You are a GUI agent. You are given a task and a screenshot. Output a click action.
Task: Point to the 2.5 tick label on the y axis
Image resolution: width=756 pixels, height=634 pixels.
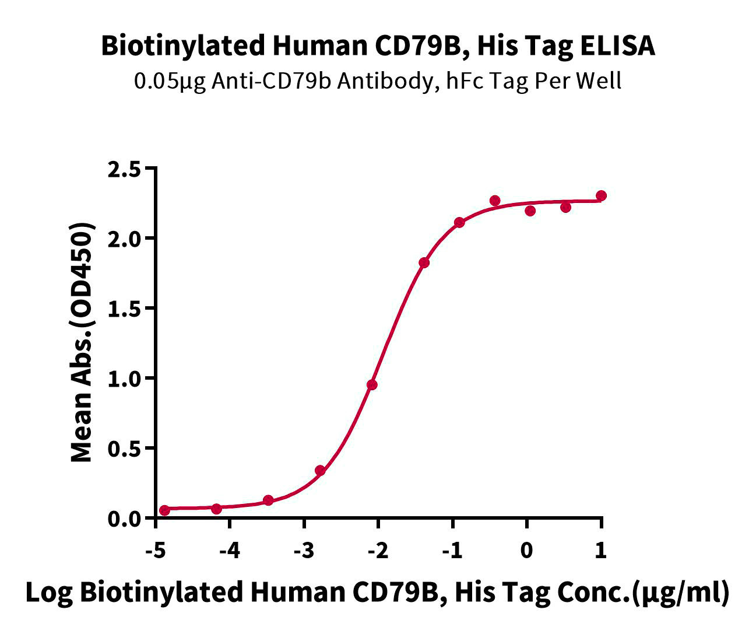pos(124,170)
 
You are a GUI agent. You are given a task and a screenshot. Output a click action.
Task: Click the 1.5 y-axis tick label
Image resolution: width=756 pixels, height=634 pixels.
pos(124,310)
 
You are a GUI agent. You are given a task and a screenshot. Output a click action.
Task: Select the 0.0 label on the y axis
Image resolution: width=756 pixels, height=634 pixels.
pos(124,519)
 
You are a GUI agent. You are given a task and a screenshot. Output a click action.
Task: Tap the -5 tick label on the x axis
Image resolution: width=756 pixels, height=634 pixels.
pos(155,551)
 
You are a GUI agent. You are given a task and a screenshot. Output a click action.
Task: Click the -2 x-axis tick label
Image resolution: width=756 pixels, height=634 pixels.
pos(378,551)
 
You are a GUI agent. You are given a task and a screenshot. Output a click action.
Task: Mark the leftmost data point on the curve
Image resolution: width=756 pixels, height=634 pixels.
pos(164,510)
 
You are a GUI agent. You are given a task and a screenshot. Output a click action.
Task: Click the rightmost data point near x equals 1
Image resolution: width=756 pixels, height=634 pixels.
pos(601,195)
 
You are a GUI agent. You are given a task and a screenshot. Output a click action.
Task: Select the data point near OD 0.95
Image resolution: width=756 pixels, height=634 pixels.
pos(372,385)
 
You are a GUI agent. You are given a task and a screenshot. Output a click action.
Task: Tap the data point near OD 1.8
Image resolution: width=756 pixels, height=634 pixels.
pos(424,262)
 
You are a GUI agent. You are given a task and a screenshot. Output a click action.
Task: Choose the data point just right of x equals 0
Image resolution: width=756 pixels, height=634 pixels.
pos(530,211)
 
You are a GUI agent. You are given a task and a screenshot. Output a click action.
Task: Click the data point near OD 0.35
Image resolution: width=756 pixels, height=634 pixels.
pos(320,471)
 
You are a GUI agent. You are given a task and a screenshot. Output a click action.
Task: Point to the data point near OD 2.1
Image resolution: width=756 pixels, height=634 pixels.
pos(459,222)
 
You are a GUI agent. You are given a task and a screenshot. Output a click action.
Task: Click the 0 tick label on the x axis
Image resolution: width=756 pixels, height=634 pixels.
pos(526,551)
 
